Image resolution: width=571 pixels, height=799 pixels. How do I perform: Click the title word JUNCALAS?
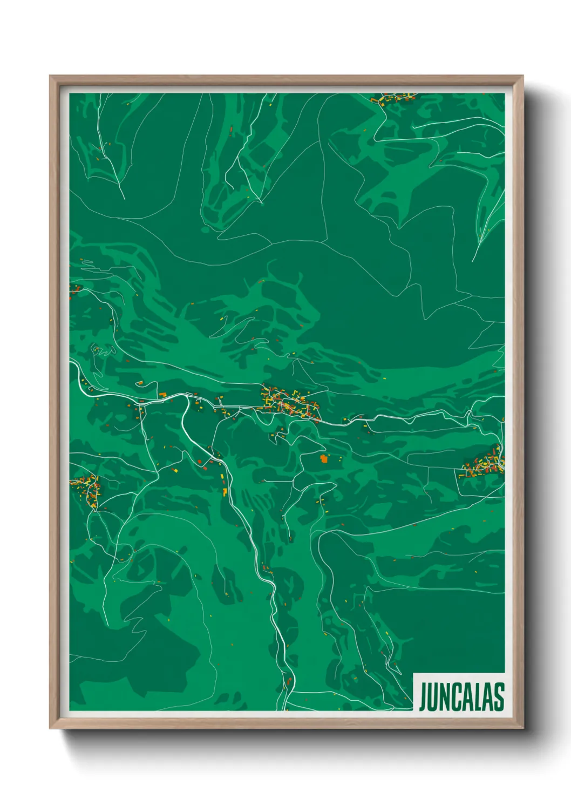tap(461, 696)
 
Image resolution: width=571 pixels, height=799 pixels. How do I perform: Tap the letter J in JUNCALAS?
tap(424, 697)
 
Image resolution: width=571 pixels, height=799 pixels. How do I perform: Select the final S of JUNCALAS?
tap(499, 696)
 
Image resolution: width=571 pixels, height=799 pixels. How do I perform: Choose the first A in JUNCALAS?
tap(468, 696)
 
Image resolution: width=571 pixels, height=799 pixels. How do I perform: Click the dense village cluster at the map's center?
tap(289, 402)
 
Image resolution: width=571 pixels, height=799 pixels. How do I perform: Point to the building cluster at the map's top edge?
tap(394, 98)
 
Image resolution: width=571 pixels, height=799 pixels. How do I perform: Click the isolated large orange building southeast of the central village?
tap(324, 459)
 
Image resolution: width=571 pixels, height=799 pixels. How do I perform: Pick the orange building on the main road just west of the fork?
tap(162, 395)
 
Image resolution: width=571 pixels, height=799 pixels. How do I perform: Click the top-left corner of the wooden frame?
tap(51, 77)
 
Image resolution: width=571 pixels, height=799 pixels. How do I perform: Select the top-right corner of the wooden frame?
tap(522, 77)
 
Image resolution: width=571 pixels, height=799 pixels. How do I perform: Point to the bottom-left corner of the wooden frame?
tap(51, 727)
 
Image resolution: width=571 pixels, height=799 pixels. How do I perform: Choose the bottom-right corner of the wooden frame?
tap(522, 727)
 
